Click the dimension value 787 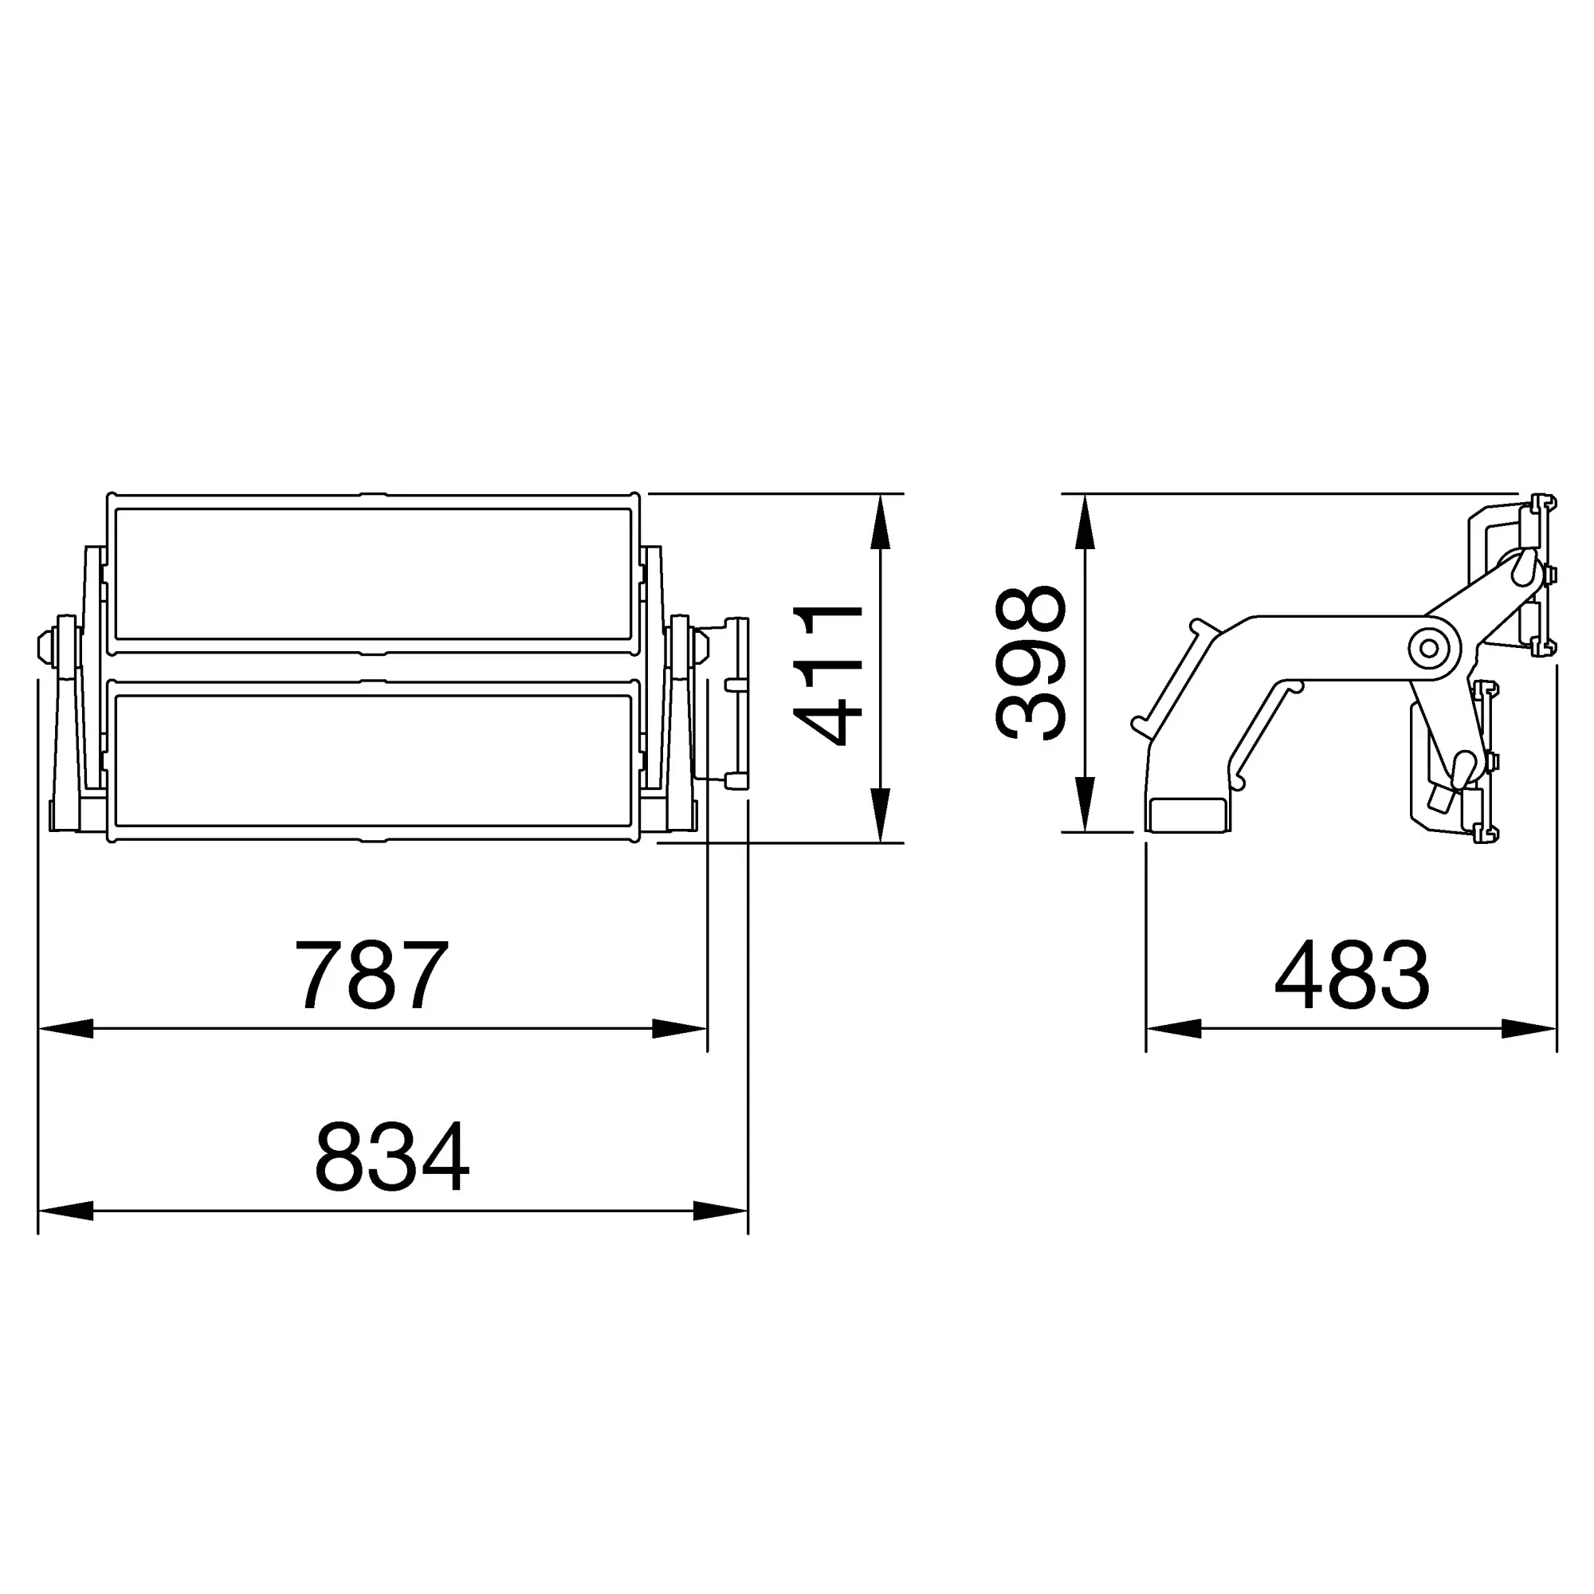point(371,975)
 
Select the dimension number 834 point(392,1156)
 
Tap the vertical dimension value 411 point(827,674)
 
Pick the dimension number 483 point(1353,975)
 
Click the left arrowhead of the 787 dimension point(66,1029)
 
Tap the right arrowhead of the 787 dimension point(680,1029)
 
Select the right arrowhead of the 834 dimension point(721,1211)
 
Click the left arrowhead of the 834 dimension point(66,1211)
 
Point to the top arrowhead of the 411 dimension point(881,521)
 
